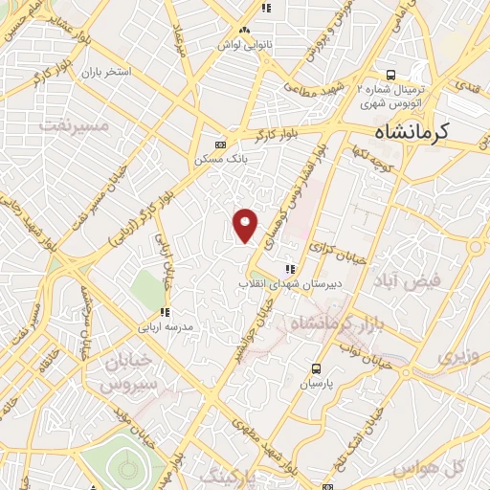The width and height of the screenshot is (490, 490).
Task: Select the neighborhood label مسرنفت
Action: [68, 123]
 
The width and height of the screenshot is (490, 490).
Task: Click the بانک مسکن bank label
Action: [215, 159]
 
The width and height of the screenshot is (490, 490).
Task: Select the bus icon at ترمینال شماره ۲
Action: [390, 75]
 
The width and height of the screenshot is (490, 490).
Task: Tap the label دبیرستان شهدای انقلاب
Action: [288, 284]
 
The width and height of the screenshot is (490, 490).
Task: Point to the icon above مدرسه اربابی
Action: [165, 312]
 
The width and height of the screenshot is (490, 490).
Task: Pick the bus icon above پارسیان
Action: [317, 369]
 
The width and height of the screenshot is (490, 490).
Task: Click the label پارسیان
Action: [317, 385]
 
